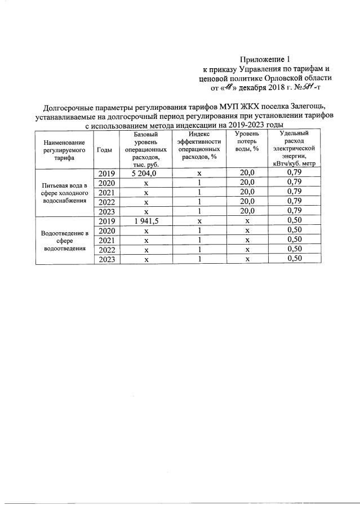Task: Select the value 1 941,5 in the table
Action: click(x=146, y=221)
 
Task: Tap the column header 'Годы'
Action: click(x=104, y=150)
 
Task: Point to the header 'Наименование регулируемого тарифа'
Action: click(x=64, y=150)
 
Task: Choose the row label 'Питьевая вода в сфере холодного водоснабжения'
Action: click(x=64, y=192)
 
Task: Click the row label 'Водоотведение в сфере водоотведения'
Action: click(x=64, y=241)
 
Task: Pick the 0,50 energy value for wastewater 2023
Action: click(x=295, y=259)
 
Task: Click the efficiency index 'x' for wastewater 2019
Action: click(x=199, y=221)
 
